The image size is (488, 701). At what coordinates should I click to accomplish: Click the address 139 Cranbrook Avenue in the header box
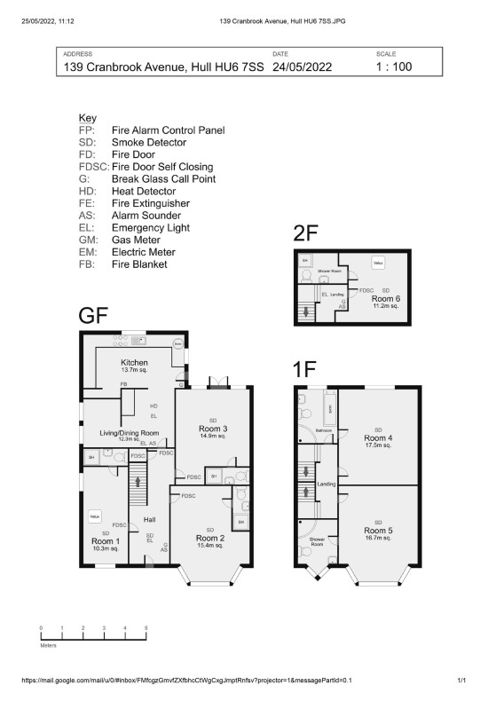tap(164, 67)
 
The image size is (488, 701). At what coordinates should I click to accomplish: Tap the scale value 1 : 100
tap(394, 67)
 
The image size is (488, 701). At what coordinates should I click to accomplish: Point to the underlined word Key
tap(87, 118)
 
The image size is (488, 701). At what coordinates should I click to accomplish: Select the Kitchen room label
tap(134, 363)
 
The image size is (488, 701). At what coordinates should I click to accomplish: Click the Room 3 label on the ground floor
tap(212, 428)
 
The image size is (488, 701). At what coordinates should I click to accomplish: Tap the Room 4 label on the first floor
tap(378, 437)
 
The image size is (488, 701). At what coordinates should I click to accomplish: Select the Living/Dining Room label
tap(128, 432)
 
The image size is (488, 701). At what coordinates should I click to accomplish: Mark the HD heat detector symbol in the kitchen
tap(153, 406)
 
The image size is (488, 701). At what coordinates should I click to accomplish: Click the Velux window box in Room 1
tap(93, 516)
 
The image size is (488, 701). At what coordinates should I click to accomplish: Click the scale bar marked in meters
tap(92, 634)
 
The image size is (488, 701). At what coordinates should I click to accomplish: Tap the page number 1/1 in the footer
tap(461, 681)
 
